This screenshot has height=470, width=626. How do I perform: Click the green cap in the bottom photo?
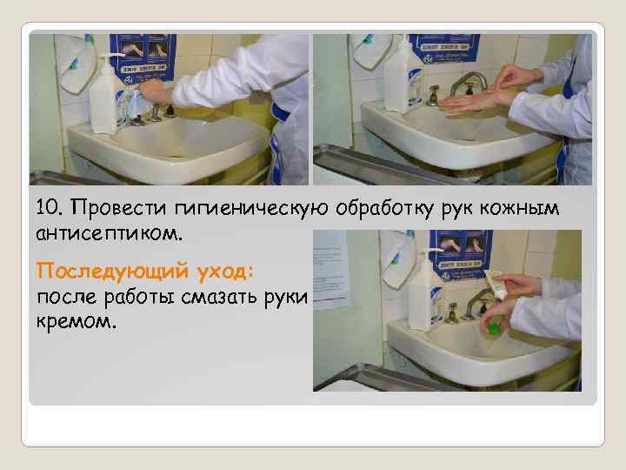pos(493,328)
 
